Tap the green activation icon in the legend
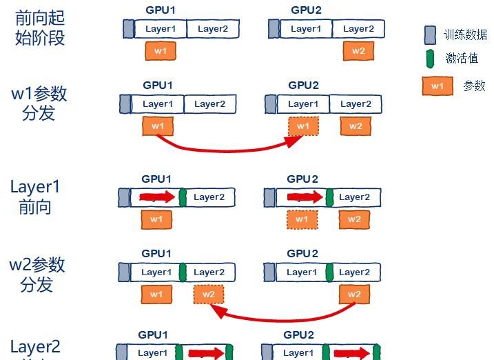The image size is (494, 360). [430, 59]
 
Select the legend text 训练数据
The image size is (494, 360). [465, 34]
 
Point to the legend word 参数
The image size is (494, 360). [474, 86]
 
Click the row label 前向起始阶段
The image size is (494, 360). [39, 28]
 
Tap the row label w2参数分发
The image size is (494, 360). [37, 274]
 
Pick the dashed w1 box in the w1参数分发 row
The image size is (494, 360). [303, 126]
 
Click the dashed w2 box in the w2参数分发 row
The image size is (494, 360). [209, 294]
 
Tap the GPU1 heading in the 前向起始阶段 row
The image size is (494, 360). [160, 10]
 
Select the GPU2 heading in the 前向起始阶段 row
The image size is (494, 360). [306, 10]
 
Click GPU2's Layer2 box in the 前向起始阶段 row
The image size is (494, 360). [358, 29]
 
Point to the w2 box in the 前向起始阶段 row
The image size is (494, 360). [358, 50]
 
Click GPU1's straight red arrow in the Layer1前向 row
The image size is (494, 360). [157, 197]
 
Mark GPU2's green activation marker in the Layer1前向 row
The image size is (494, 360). [329, 197]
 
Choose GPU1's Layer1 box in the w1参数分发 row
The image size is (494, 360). [158, 104]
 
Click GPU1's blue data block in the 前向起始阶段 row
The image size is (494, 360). [128, 29]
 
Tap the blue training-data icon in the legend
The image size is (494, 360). [430, 34]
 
